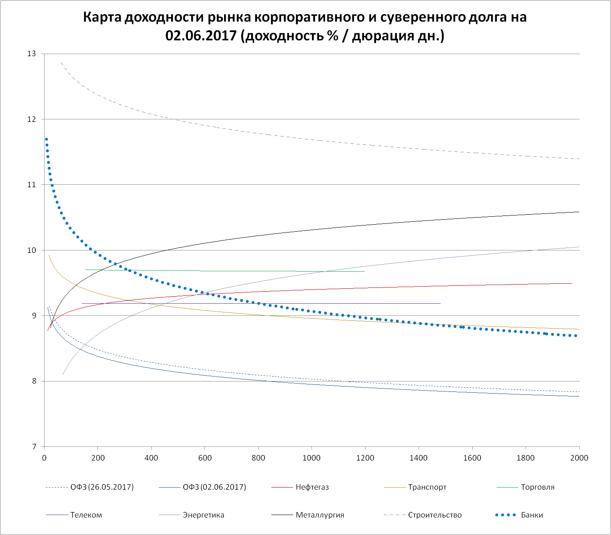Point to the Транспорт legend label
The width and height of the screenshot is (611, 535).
tap(427, 487)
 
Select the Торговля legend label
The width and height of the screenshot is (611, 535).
tap(538, 487)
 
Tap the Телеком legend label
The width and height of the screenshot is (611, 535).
tap(86, 515)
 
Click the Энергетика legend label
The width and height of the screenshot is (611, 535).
tap(203, 515)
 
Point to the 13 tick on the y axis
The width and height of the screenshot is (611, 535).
tap(32, 54)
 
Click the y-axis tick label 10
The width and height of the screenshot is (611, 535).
tap(32, 250)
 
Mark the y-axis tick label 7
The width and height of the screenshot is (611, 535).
tap(34, 447)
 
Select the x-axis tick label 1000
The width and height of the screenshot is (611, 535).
tap(312, 458)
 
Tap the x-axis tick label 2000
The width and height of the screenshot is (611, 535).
tap(579, 458)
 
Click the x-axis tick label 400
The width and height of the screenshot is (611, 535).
tap(151, 458)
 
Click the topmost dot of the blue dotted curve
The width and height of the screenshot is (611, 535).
tap(46, 139)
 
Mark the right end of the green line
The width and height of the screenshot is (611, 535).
tap(364, 271)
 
